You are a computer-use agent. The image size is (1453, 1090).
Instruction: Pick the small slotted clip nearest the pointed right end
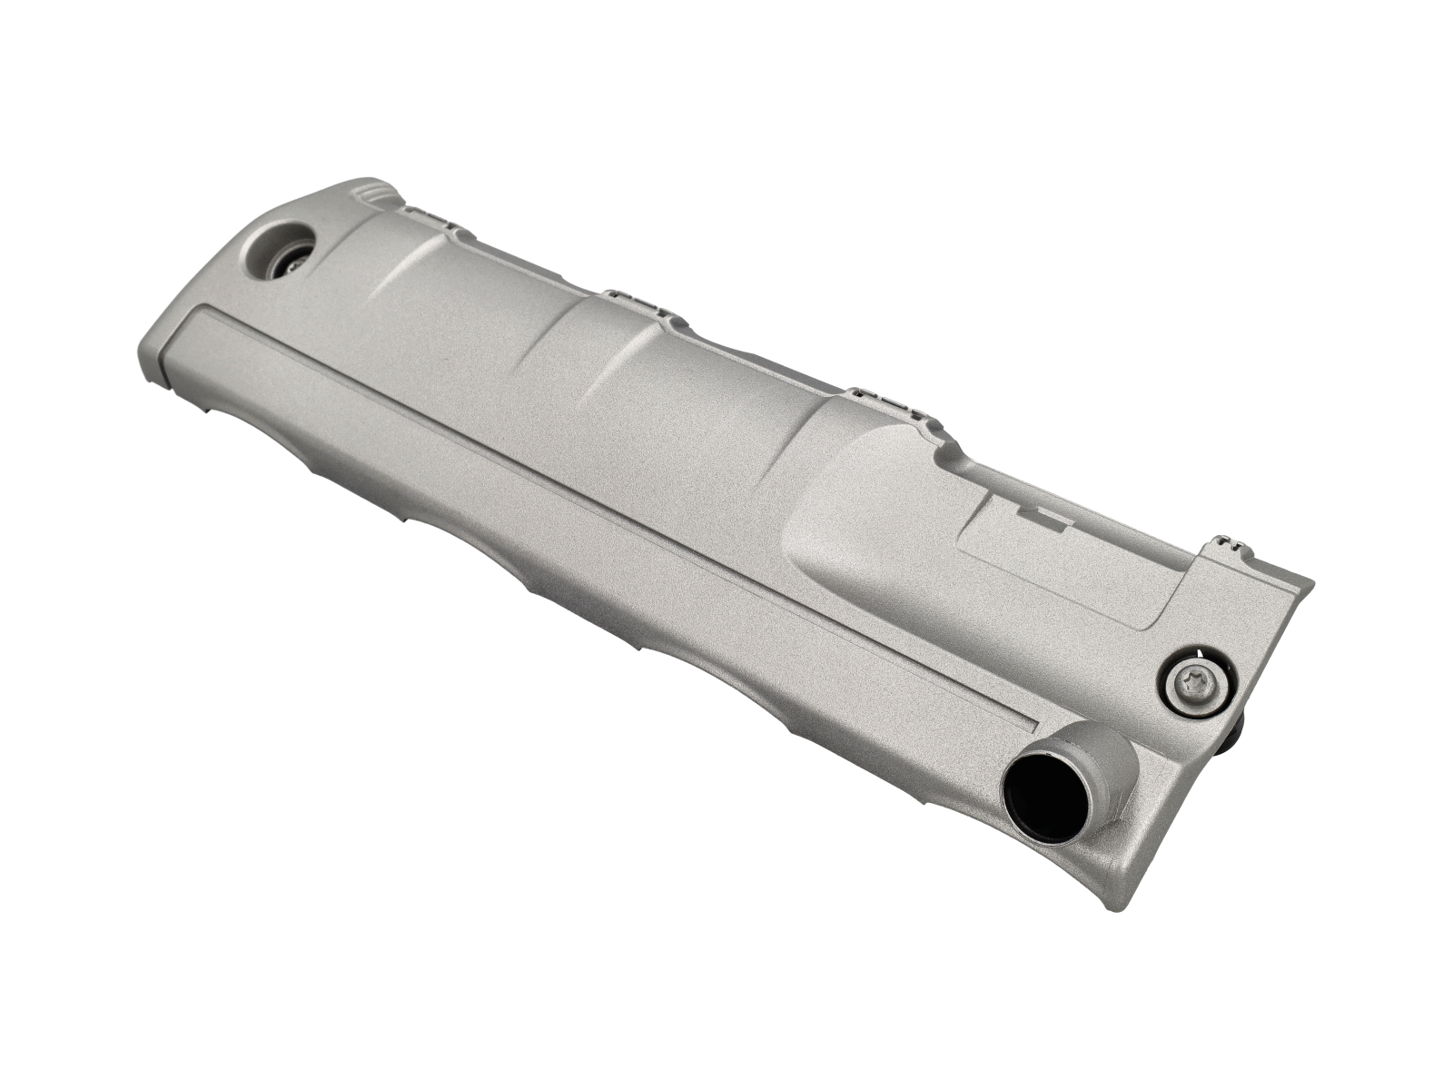click(1231, 545)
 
